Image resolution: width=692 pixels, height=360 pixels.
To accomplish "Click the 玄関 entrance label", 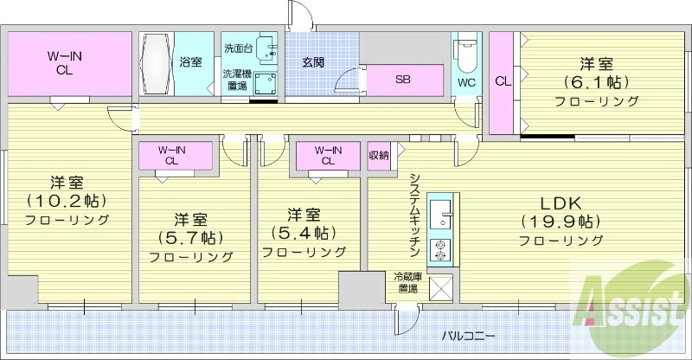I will [313, 62].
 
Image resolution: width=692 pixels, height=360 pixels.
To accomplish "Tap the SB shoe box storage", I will [402, 80].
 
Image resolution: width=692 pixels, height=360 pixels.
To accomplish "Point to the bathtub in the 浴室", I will [157, 64].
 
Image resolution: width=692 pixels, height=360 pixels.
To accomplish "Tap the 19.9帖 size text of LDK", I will [561, 221].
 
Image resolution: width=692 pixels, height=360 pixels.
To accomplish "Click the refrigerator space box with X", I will [440, 288].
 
